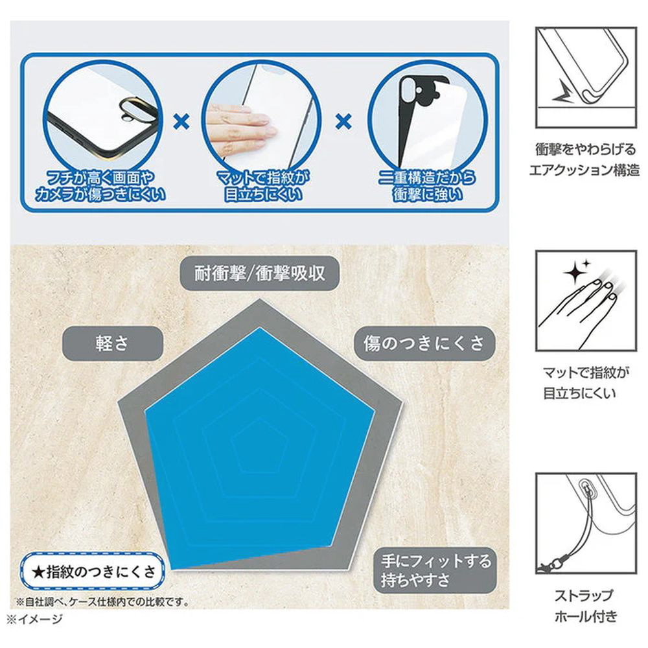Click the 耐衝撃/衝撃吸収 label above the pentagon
point(260,273)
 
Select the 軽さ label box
point(112,343)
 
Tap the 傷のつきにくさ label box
point(424,343)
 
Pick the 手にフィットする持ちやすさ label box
point(435,570)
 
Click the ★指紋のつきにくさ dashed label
point(93,572)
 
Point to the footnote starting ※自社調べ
point(102,602)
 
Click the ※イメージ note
point(35,619)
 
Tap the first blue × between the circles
point(181,122)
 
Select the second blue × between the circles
point(344,122)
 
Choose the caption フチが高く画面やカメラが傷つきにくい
point(100,186)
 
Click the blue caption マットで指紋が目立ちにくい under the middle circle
point(263,186)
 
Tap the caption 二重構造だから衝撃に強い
point(427,186)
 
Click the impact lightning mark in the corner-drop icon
point(563,93)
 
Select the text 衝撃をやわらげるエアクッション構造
point(584,159)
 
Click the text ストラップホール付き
point(585,606)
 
